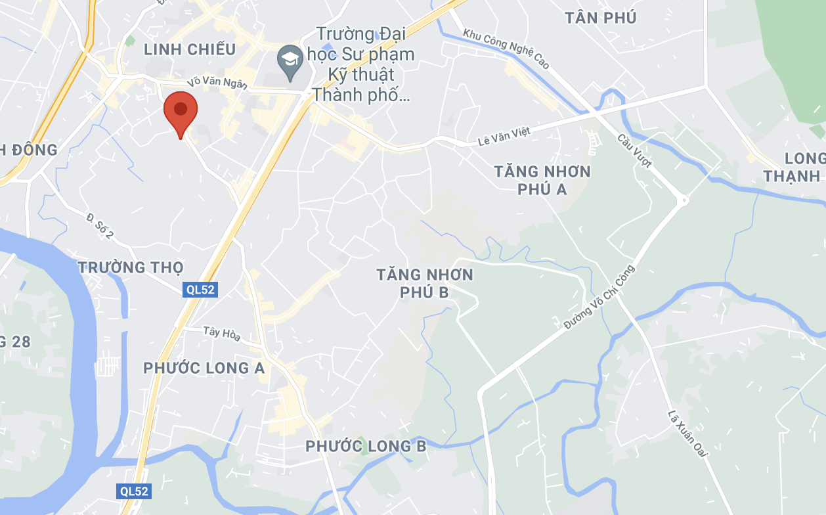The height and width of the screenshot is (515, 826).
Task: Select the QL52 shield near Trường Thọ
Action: [x=200, y=290]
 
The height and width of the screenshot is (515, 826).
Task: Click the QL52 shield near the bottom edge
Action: [x=134, y=491]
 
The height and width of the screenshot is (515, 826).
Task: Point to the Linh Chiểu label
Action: [x=189, y=49]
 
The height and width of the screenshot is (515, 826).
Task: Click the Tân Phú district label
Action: [x=600, y=18]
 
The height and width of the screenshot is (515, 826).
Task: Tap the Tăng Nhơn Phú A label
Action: [x=542, y=181]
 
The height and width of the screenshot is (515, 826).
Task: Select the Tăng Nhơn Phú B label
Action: [x=425, y=283]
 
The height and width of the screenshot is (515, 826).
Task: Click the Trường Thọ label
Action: [x=130, y=267]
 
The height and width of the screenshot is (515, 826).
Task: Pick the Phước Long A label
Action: [x=204, y=368]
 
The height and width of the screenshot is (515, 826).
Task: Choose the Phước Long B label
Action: [x=366, y=447]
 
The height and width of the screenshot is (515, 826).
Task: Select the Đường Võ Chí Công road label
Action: [x=599, y=297]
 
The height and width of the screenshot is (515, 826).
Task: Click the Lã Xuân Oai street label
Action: [x=686, y=434]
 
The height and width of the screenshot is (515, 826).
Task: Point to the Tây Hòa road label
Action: [x=221, y=334]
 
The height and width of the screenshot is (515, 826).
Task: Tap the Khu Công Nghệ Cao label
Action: [x=506, y=49]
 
